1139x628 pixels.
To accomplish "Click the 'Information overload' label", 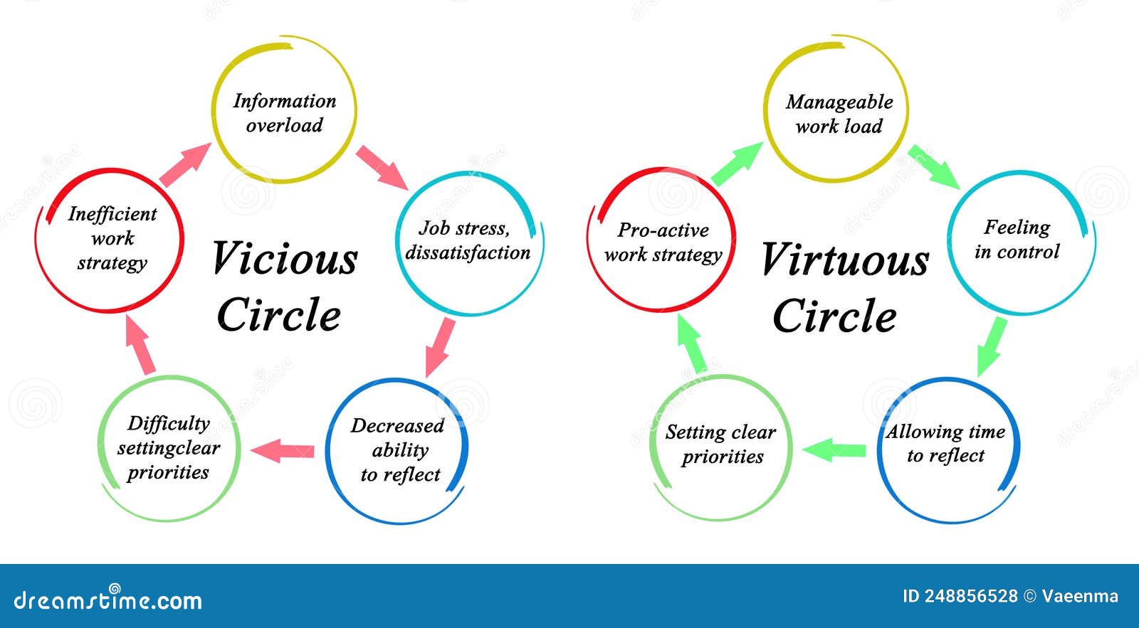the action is tap(285, 113).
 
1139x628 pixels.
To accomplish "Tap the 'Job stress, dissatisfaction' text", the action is tap(468, 240).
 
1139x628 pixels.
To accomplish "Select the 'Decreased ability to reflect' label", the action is tap(398, 450).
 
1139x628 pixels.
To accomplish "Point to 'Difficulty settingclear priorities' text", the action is tap(168, 447).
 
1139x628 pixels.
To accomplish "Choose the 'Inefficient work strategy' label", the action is tap(112, 238).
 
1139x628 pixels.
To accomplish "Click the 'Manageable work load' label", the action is tap(839, 114).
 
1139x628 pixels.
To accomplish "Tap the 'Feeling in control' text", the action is tap(1017, 239).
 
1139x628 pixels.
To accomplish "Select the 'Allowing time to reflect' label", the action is tap(946, 444).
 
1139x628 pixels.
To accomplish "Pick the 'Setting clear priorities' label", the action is tap(721, 444).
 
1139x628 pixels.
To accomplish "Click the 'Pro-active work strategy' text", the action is tap(663, 243).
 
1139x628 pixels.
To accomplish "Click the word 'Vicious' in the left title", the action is tap(285, 258).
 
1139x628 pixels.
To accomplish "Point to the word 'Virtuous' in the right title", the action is tap(845, 259).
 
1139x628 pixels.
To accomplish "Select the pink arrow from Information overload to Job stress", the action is tap(382, 168).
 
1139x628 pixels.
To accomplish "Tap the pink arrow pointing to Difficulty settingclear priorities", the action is tap(282, 451).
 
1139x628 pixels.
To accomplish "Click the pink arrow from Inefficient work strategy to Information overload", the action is tap(185, 164).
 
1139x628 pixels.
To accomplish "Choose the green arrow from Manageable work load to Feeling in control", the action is tap(934, 166).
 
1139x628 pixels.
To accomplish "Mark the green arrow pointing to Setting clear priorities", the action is tap(834, 450).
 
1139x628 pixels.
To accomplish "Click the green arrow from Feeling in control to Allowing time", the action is tap(992, 347).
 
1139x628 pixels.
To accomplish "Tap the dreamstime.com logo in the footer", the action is tap(107, 598).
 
